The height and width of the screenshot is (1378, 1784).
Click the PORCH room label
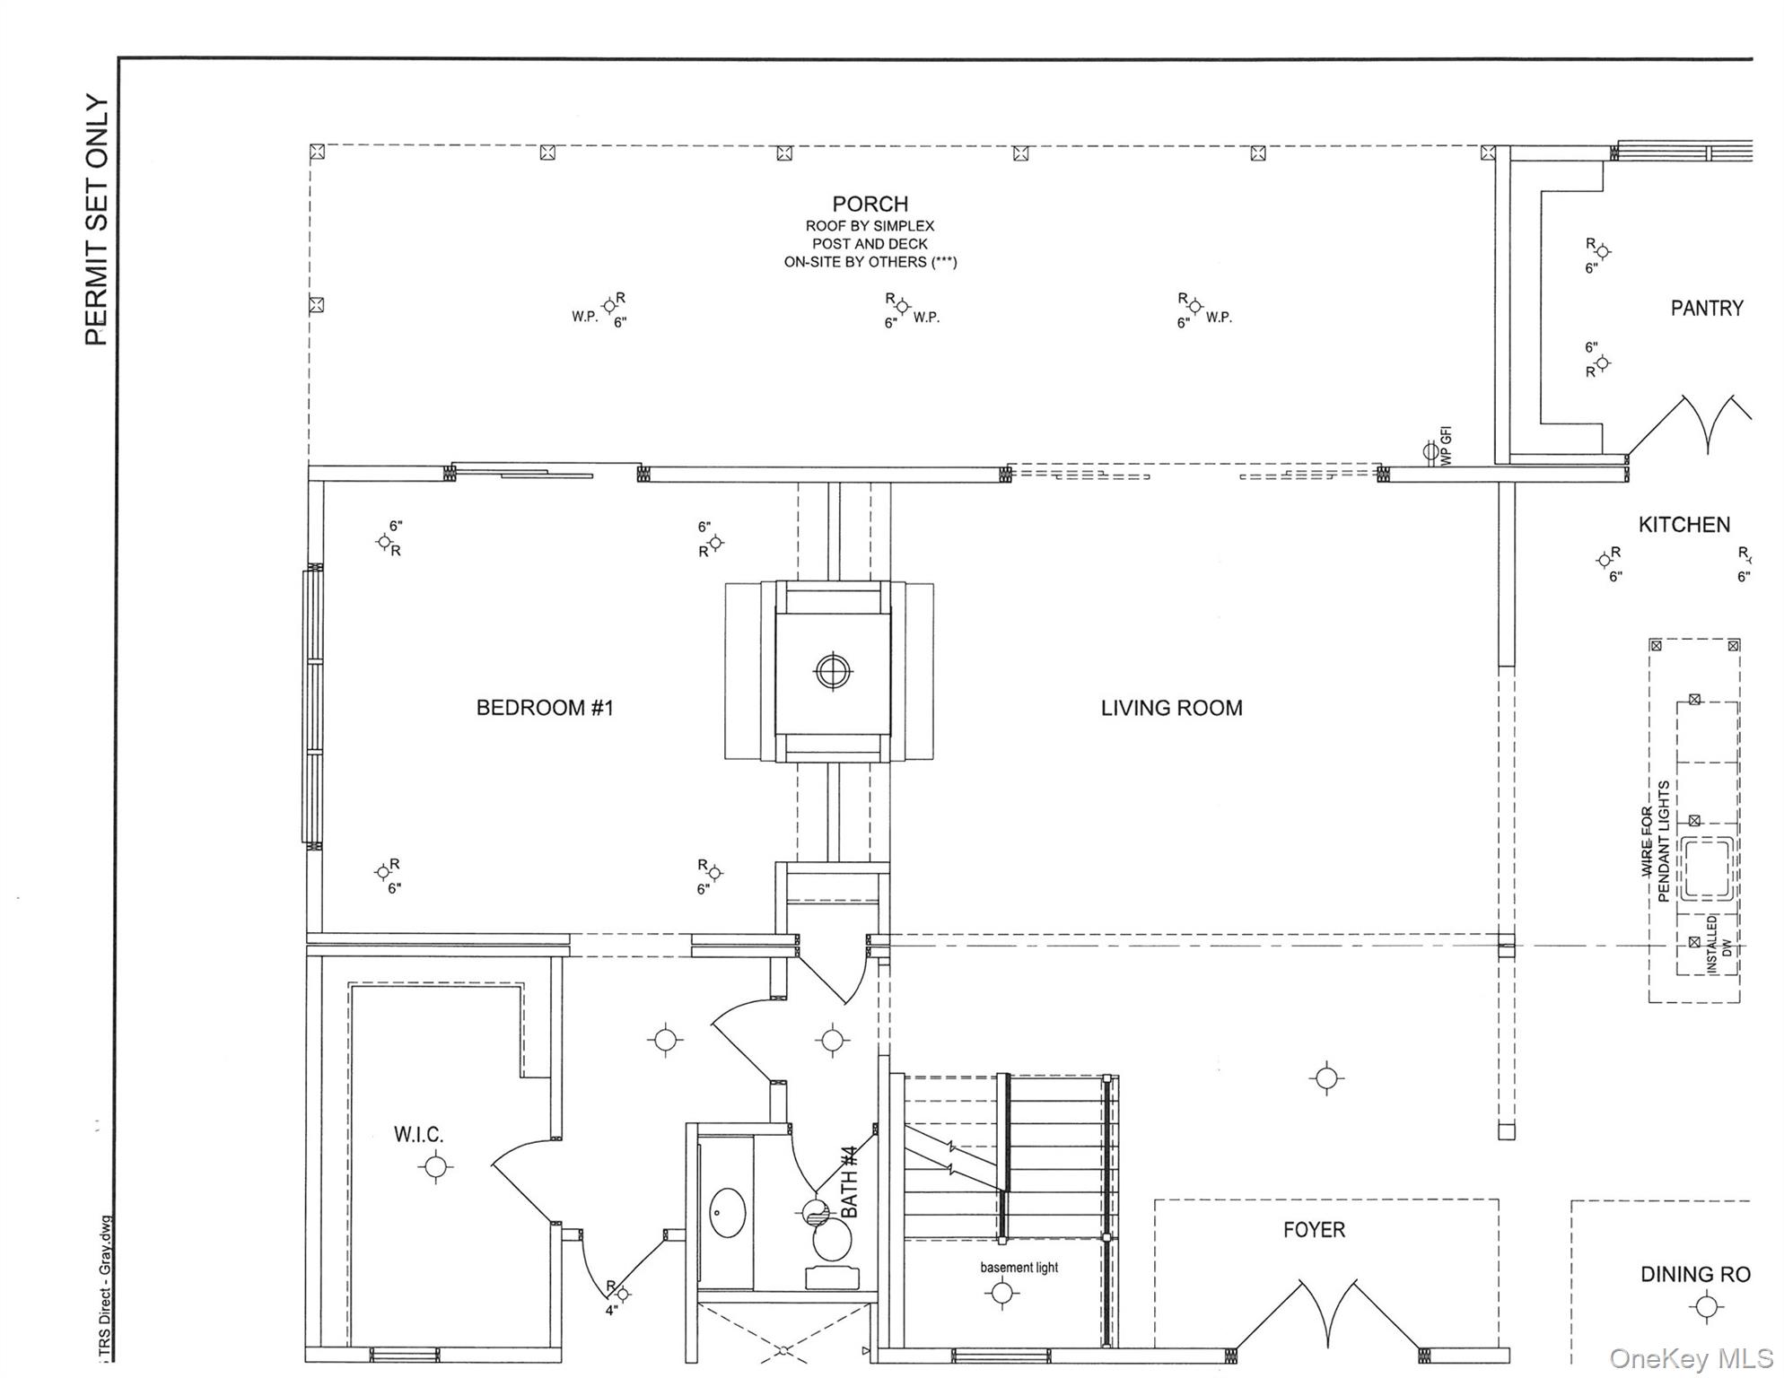tap(869, 204)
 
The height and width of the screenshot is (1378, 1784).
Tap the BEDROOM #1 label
tap(544, 708)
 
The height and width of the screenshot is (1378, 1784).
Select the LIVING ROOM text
tap(1171, 708)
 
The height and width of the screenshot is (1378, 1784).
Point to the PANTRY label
tap(1706, 309)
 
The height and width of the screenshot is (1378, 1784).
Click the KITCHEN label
tap(1683, 525)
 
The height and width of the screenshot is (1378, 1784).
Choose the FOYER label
tap(1313, 1230)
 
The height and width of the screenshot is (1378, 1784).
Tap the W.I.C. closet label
tap(418, 1135)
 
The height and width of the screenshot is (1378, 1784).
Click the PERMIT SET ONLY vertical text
tap(97, 220)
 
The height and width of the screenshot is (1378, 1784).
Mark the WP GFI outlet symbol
tap(1430, 450)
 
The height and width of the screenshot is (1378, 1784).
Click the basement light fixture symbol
tap(1001, 1294)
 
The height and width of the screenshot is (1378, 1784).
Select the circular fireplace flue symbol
tap(833, 671)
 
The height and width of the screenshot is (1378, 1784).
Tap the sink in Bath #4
tap(727, 1214)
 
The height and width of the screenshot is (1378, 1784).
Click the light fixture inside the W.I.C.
tap(435, 1167)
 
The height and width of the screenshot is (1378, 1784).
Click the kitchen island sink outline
tap(1706, 868)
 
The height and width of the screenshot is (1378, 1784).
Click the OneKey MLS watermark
tap(1691, 1358)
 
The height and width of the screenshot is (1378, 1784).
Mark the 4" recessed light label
tap(611, 1310)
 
